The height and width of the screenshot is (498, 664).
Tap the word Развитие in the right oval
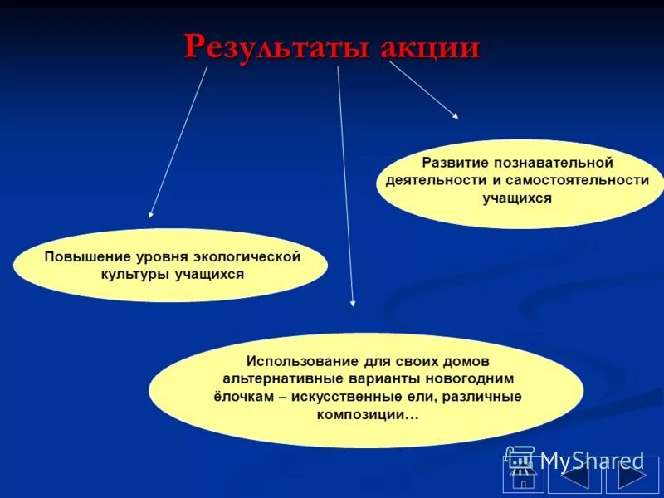tap(453, 162)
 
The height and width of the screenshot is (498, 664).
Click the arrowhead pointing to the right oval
tap(454, 115)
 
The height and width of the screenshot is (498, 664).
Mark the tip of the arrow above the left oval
tap(151, 215)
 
